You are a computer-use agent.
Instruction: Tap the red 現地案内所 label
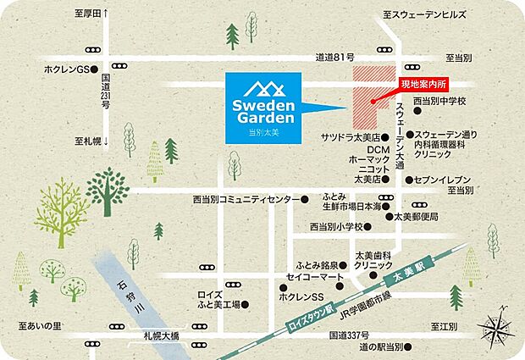click(x=423, y=84)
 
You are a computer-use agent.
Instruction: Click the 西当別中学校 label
click(x=445, y=102)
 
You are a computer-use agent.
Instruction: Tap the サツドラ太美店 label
click(x=348, y=136)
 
